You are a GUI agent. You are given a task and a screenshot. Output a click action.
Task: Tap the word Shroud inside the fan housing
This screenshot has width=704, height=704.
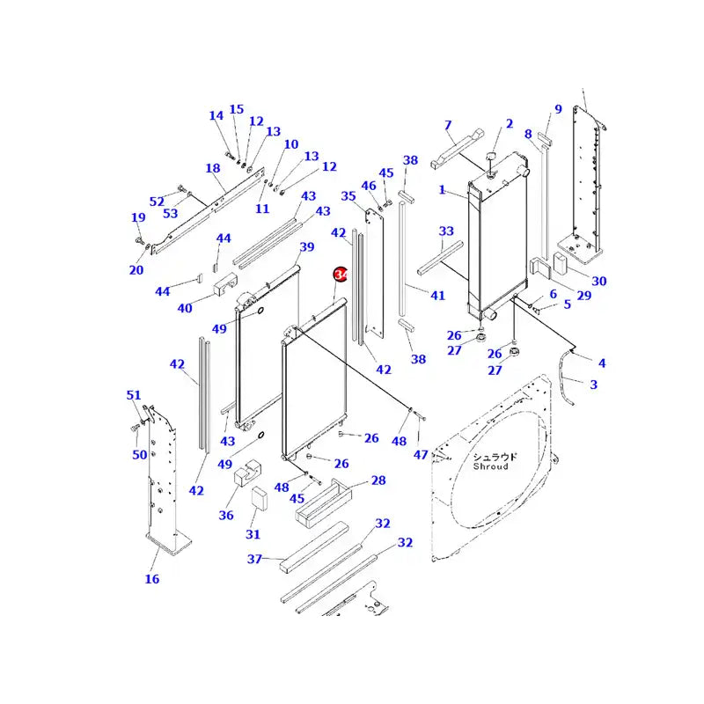pos(490,466)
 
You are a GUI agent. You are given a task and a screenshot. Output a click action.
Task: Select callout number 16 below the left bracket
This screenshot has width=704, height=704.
pos(152,578)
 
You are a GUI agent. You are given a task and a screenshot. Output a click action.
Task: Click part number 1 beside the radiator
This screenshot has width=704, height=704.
pos(443,190)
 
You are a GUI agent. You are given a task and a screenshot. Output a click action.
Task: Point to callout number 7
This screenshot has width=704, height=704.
pos(447,126)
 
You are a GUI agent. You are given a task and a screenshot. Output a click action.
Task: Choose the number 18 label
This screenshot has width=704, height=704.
pos(212,168)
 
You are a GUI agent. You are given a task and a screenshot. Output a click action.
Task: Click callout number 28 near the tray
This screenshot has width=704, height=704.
pos(378,480)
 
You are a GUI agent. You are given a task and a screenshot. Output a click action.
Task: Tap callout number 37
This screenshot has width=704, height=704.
pos(255,559)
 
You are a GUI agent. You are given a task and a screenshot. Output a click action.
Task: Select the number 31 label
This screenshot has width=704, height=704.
pos(253,534)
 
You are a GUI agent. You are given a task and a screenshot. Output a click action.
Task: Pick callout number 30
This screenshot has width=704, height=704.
pos(598,281)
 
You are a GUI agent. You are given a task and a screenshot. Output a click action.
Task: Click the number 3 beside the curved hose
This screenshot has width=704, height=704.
pos(593,384)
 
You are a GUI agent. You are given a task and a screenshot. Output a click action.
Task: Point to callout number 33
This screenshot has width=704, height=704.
pos(446,231)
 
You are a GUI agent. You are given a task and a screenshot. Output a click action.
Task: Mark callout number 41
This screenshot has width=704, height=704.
pos(437,295)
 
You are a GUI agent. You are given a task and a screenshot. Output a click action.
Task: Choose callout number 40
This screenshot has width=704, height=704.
pos(185,308)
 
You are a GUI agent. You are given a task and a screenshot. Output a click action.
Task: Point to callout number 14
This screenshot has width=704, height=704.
pos(216,115)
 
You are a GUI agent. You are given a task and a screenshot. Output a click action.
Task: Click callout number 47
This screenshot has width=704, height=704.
pos(421,455)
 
